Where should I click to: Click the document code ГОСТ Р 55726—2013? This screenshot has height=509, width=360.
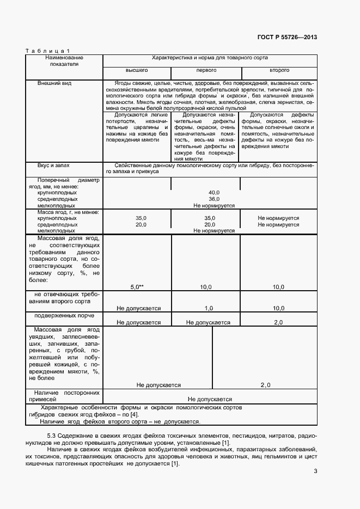(286, 38)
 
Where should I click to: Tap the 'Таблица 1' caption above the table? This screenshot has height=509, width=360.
(48, 51)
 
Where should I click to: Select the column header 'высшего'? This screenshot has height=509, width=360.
(137, 71)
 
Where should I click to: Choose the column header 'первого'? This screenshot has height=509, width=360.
(206, 71)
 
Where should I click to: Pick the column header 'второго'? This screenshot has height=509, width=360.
(279, 71)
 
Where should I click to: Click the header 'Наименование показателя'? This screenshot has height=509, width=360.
(64, 60)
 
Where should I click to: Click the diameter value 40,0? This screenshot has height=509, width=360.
(214, 193)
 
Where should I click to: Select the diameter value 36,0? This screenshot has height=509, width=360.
(214, 199)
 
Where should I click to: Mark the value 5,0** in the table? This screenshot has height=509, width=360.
(137, 286)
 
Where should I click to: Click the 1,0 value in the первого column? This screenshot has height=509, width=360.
(208, 308)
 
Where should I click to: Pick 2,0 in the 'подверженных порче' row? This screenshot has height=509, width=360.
(278, 322)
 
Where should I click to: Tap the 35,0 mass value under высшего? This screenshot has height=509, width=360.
(141, 218)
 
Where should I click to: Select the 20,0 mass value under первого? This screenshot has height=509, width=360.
(210, 224)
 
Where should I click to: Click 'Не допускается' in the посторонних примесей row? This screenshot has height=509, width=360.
(210, 399)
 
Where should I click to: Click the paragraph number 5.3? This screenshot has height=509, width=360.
(52, 436)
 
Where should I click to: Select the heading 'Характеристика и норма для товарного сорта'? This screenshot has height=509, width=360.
(210, 57)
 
